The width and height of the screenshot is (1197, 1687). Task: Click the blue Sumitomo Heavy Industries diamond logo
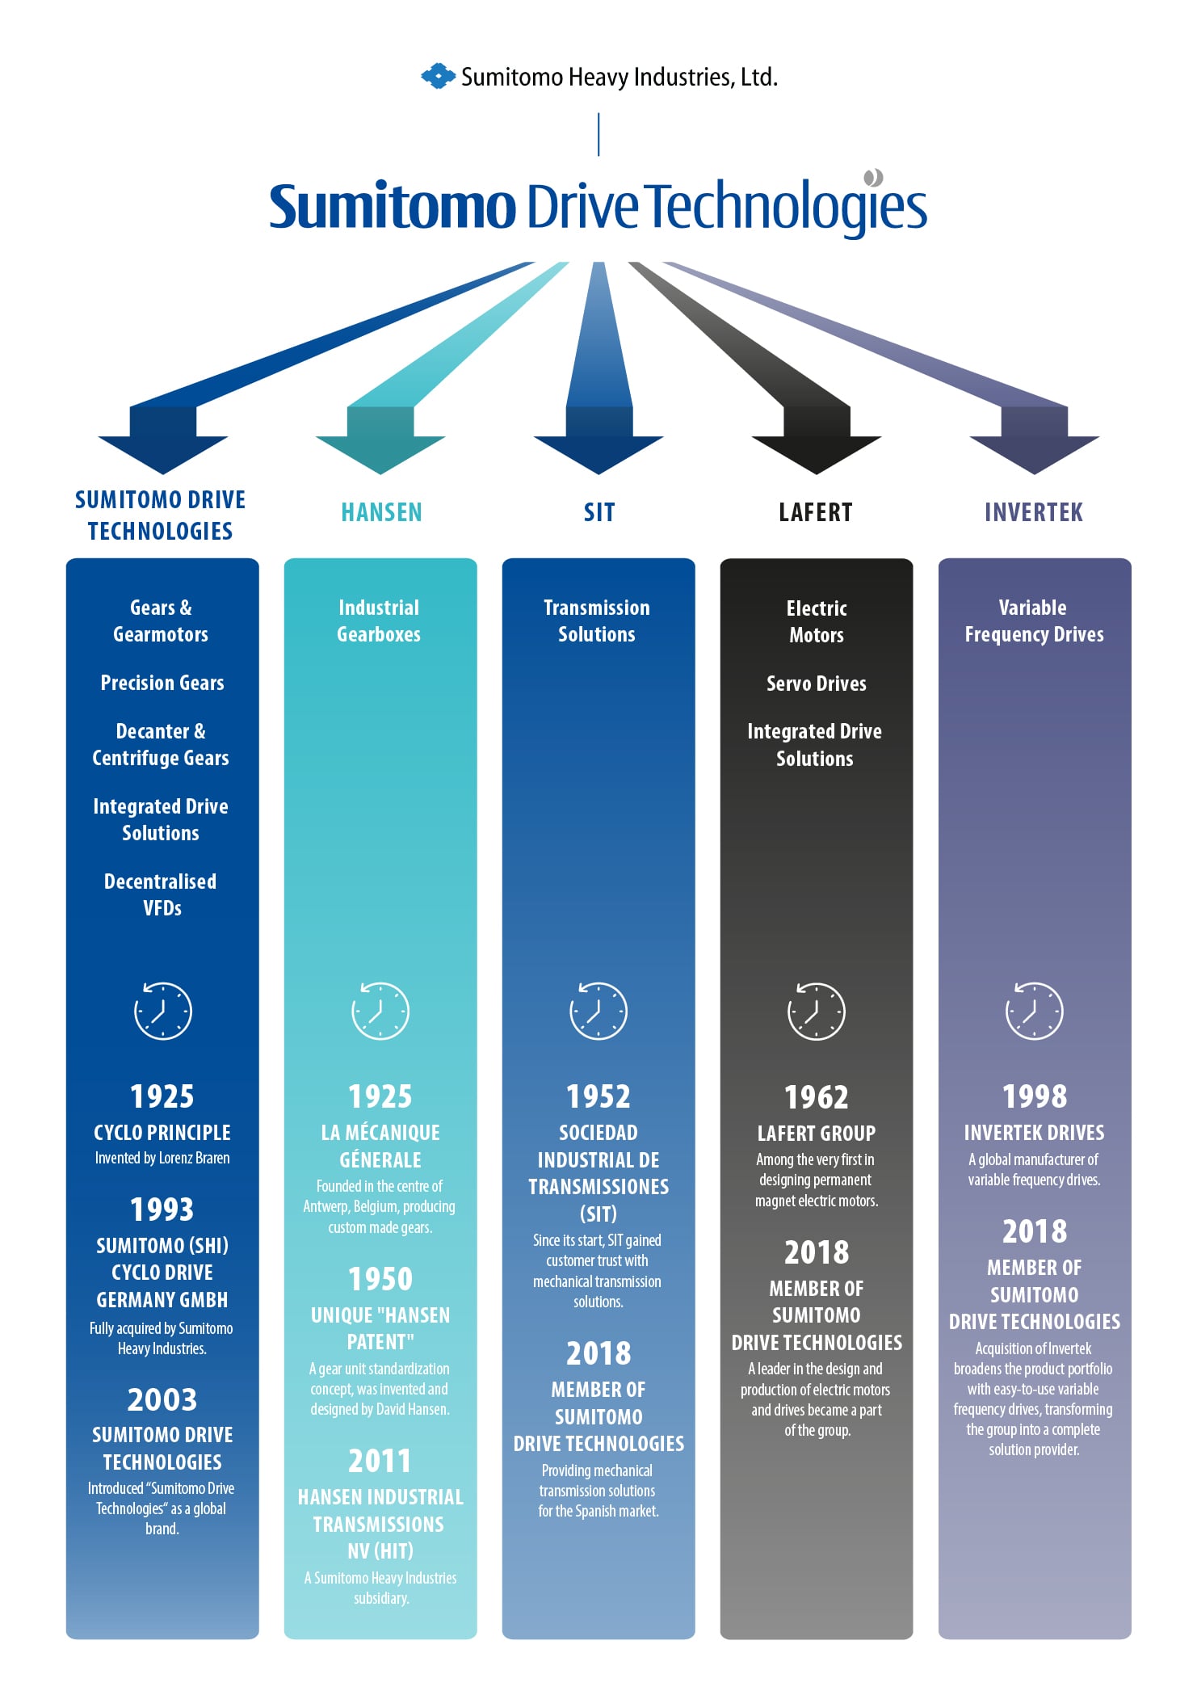pyautogui.click(x=439, y=76)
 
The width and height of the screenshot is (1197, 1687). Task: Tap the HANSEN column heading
pyautogui.click(x=381, y=512)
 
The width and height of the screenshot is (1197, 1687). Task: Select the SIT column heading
pyautogui.click(x=599, y=512)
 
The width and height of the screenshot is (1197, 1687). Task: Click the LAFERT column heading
pyautogui.click(x=816, y=512)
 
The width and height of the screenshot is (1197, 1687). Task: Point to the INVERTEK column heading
pyautogui.click(x=1034, y=512)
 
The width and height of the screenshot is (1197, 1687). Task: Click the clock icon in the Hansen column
pyautogui.click(x=380, y=1011)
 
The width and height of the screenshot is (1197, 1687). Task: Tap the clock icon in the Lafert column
pyautogui.click(x=817, y=1011)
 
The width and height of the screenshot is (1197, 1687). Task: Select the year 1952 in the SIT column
pyautogui.click(x=598, y=1096)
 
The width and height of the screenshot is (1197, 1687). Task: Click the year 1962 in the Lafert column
pyautogui.click(x=817, y=1097)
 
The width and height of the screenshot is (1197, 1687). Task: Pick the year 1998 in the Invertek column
pyautogui.click(x=1035, y=1096)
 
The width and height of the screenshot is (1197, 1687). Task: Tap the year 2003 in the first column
pyautogui.click(x=162, y=1399)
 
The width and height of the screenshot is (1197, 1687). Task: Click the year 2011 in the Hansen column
pyautogui.click(x=380, y=1461)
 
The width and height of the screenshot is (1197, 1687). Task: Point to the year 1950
pyautogui.click(x=380, y=1279)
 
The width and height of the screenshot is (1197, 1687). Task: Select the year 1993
pyautogui.click(x=162, y=1210)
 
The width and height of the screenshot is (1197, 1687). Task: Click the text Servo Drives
pyautogui.click(x=817, y=684)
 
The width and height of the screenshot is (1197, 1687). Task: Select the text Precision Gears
pyautogui.click(x=162, y=683)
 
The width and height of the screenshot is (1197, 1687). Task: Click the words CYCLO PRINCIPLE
pyautogui.click(x=162, y=1133)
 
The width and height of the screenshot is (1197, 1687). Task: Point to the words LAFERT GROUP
pyautogui.click(x=817, y=1134)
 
